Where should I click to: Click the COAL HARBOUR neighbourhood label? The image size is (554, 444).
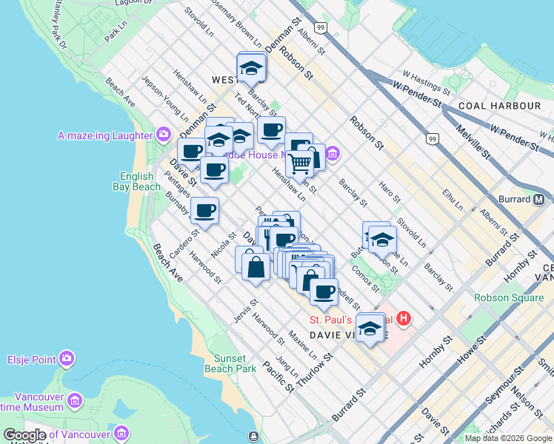pyautogui.click(x=499, y=106)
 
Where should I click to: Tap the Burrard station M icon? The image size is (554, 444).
pyautogui.click(x=538, y=199)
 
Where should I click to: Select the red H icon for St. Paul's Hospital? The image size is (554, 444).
pyautogui.click(x=404, y=320)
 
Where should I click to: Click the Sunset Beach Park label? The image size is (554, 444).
pyautogui.click(x=230, y=363)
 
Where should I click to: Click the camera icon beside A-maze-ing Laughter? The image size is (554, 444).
pyautogui.click(x=163, y=135)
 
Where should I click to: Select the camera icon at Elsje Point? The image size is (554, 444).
pyautogui.click(x=67, y=359)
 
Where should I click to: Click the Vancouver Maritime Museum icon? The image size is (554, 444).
pyautogui.click(x=74, y=401)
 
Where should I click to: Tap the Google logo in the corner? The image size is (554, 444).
pyautogui.click(x=24, y=435)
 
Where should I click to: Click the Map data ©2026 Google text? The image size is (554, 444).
pyautogui.click(x=508, y=438)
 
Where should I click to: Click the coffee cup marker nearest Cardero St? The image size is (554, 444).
pyautogui.click(x=204, y=210)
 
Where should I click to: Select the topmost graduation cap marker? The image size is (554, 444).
pyautogui.click(x=252, y=70)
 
